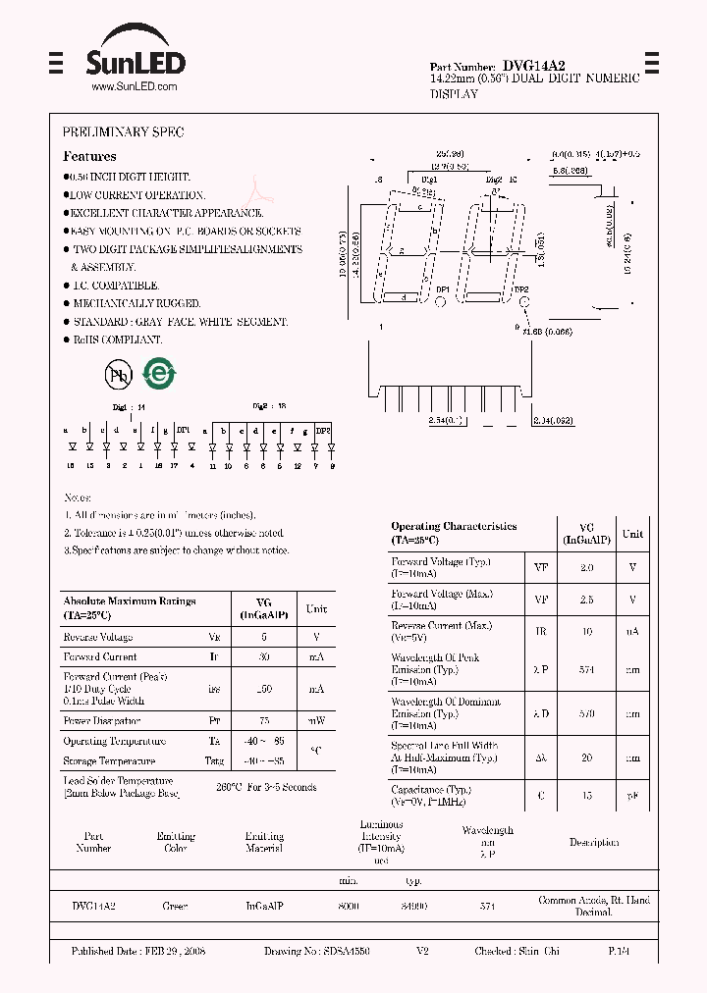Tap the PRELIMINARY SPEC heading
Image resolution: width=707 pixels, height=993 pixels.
coord(123,131)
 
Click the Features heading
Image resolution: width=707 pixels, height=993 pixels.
coord(89,156)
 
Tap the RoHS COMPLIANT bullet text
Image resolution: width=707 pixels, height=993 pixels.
coord(117,340)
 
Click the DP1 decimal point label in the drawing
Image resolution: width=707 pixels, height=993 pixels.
coord(443,290)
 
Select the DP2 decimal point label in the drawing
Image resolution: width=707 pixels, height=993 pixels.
coord(522,290)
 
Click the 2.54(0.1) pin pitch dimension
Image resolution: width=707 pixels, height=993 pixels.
coord(447,420)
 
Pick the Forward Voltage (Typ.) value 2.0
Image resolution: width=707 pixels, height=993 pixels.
coord(586,567)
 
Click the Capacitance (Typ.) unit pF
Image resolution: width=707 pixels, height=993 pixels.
coord(632,796)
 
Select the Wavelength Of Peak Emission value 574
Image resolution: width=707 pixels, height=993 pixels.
coord(586,669)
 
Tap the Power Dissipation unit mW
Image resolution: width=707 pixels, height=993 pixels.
coord(316,720)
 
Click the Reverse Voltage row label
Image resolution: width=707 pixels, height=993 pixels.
coord(100,637)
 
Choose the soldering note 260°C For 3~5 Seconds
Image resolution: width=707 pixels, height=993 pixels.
coord(266,787)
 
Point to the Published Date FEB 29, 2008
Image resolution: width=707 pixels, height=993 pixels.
coord(138,952)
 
